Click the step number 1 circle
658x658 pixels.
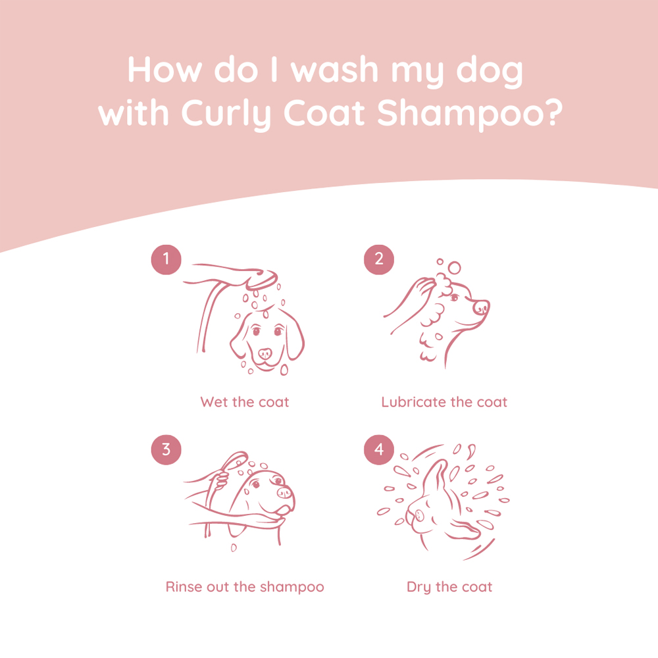tap(166, 259)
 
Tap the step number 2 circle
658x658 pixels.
tap(379, 259)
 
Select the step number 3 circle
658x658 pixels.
tap(166, 449)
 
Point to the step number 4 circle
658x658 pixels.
tap(379, 449)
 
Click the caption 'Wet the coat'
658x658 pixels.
tap(245, 401)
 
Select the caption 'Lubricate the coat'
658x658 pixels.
tap(444, 401)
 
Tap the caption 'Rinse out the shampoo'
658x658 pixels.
tap(245, 586)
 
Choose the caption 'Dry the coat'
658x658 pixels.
tap(449, 586)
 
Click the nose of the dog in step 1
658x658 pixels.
tap(265, 353)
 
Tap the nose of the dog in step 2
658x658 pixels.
tap(482, 307)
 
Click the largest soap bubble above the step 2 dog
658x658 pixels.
tap(454, 267)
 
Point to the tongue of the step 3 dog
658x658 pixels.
tap(282, 509)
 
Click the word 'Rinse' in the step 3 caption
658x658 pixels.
tap(183, 586)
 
